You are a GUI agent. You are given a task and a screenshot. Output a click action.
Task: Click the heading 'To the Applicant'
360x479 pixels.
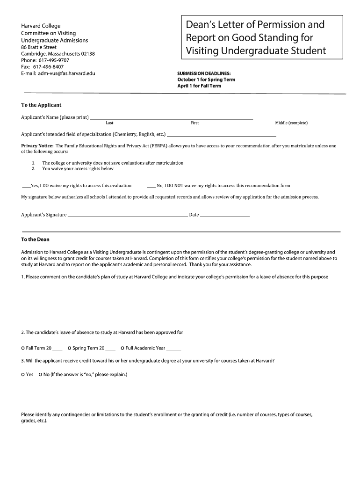[x=41, y=105]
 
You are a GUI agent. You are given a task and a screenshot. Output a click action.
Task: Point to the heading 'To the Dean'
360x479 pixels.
[x=35, y=239]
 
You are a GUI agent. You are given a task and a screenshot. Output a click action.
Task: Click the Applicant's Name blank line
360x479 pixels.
[x=171, y=118]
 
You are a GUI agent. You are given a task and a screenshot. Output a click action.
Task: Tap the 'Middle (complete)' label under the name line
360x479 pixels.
[x=291, y=123]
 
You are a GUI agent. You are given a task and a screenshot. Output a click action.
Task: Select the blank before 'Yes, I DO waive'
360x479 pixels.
[x=26, y=186]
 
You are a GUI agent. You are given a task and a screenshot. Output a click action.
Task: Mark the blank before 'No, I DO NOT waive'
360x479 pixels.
[x=151, y=186]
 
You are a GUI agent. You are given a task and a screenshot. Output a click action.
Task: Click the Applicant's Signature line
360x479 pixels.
[x=127, y=216]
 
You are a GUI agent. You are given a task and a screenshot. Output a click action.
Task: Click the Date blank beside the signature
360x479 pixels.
[x=224, y=216]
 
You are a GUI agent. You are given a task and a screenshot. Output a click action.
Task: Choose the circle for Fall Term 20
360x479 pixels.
[x=23, y=348]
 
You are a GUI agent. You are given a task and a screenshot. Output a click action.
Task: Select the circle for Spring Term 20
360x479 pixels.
[x=69, y=348]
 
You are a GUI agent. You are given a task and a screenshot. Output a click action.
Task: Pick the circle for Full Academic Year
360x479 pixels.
[x=122, y=348]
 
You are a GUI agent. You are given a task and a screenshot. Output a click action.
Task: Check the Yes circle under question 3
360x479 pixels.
[x=23, y=375]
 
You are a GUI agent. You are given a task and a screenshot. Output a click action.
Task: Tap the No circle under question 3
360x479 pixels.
[x=40, y=375]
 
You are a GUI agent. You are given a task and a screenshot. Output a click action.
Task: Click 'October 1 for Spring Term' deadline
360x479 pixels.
[x=206, y=80]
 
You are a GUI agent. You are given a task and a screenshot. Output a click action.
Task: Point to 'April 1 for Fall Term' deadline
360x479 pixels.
[x=199, y=86]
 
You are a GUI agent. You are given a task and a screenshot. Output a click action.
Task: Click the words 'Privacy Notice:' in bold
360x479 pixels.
[x=37, y=146]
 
